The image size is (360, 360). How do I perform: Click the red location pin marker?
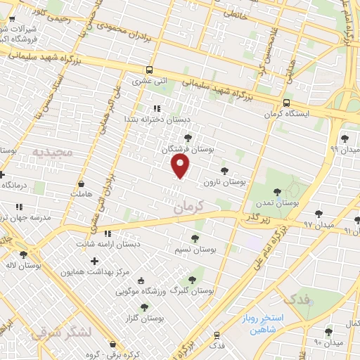pyautogui.click(x=181, y=166)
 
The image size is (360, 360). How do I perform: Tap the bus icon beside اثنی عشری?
pyautogui.click(x=148, y=70)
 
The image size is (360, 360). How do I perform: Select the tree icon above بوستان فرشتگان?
pyautogui.click(x=186, y=138)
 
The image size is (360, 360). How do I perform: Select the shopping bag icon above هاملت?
pyautogui.click(x=82, y=182)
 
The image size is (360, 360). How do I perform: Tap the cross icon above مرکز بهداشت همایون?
pyautogui.click(x=95, y=261)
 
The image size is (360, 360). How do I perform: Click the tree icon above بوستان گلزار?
pyautogui.click(x=144, y=307)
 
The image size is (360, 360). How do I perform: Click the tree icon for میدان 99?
pyautogui.click(x=344, y=138)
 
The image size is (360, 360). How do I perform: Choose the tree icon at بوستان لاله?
pyautogui.click(x=23, y=255)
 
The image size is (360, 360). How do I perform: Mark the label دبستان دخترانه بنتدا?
pyautogui.click(x=155, y=119)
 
